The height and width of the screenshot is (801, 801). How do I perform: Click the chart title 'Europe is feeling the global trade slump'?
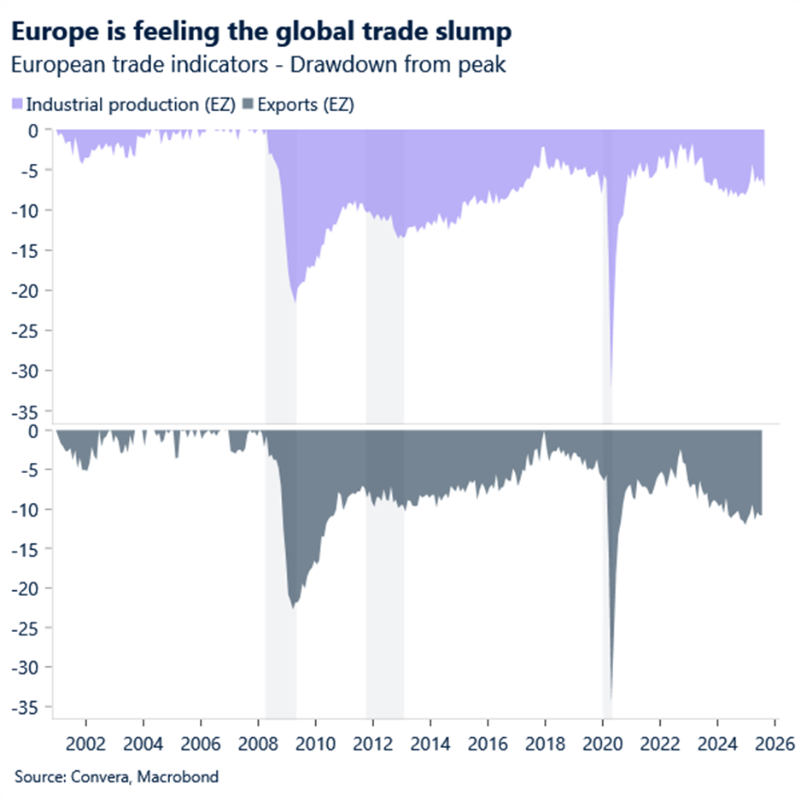261,32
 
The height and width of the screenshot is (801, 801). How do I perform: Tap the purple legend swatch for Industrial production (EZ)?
17,105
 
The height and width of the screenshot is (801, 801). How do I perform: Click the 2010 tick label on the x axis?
315,743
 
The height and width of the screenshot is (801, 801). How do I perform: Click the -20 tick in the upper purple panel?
28,290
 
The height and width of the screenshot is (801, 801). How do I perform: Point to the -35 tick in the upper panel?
28,411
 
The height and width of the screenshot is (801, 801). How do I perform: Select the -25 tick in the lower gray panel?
28,628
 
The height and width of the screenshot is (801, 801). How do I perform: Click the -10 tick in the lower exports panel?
28,510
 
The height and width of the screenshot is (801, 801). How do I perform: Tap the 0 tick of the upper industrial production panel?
34,131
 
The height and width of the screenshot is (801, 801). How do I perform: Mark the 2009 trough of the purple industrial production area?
295,301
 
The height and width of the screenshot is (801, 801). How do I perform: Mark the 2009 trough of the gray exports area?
293,607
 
